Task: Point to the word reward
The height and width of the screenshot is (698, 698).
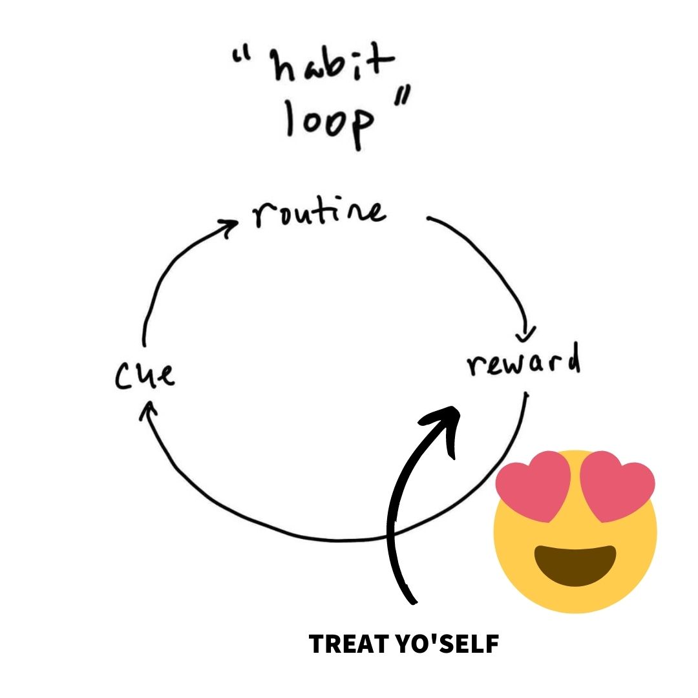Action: coord(523,363)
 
